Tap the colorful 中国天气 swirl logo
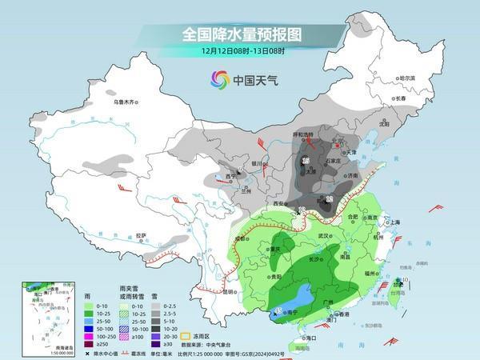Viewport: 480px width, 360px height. [219, 79]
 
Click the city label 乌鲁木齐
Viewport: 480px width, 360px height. [126, 102]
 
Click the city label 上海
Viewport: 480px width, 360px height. [392, 222]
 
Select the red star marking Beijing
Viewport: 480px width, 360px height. [338, 146]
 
